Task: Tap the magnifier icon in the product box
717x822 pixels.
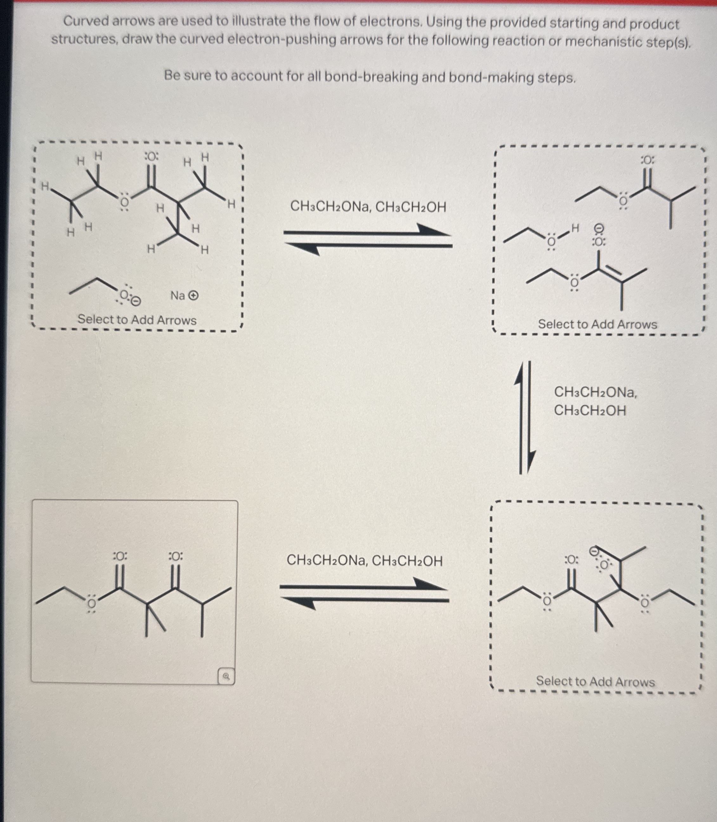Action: (x=226, y=676)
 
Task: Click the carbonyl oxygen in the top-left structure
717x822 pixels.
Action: (x=151, y=156)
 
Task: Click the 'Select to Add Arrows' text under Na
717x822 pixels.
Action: (x=137, y=320)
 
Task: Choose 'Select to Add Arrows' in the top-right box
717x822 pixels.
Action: (x=597, y=324)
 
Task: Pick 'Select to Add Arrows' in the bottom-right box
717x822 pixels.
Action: (x=595, y=681)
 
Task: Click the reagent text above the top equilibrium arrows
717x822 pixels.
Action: (x=368, y=207)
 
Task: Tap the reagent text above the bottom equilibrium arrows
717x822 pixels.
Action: (x=364, y=561)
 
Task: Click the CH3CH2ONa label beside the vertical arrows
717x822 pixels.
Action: (x=595, y=392)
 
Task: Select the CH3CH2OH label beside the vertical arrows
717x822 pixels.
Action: (x=590, y=411)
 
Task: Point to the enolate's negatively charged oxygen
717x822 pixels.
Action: (x=599, y=241)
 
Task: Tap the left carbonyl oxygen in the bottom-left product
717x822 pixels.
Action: (x=120, y=556)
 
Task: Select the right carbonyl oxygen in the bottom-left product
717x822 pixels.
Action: (x=176, y=556)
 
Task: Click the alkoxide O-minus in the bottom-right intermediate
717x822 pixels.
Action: (x=604, y=565)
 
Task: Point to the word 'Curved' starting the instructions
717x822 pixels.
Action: (x=86, y=21)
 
